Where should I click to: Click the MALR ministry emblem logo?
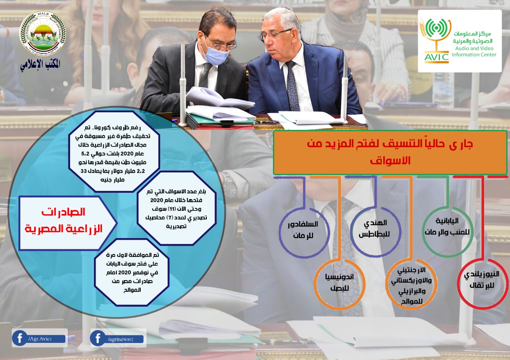pos(43,33)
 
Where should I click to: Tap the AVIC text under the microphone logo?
pos(436,57)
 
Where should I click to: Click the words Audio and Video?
pos(474,48)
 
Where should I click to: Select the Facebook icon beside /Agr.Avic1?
pos(20,338)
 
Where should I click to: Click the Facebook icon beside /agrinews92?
pos(98,338)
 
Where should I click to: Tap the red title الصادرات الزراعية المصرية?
pos(63,220)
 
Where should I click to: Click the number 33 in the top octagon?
pos(84,171)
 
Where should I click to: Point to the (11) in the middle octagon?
pos(171,209)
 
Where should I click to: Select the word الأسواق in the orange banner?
pos(390,160)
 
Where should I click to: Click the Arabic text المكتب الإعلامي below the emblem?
pos(41,65)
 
